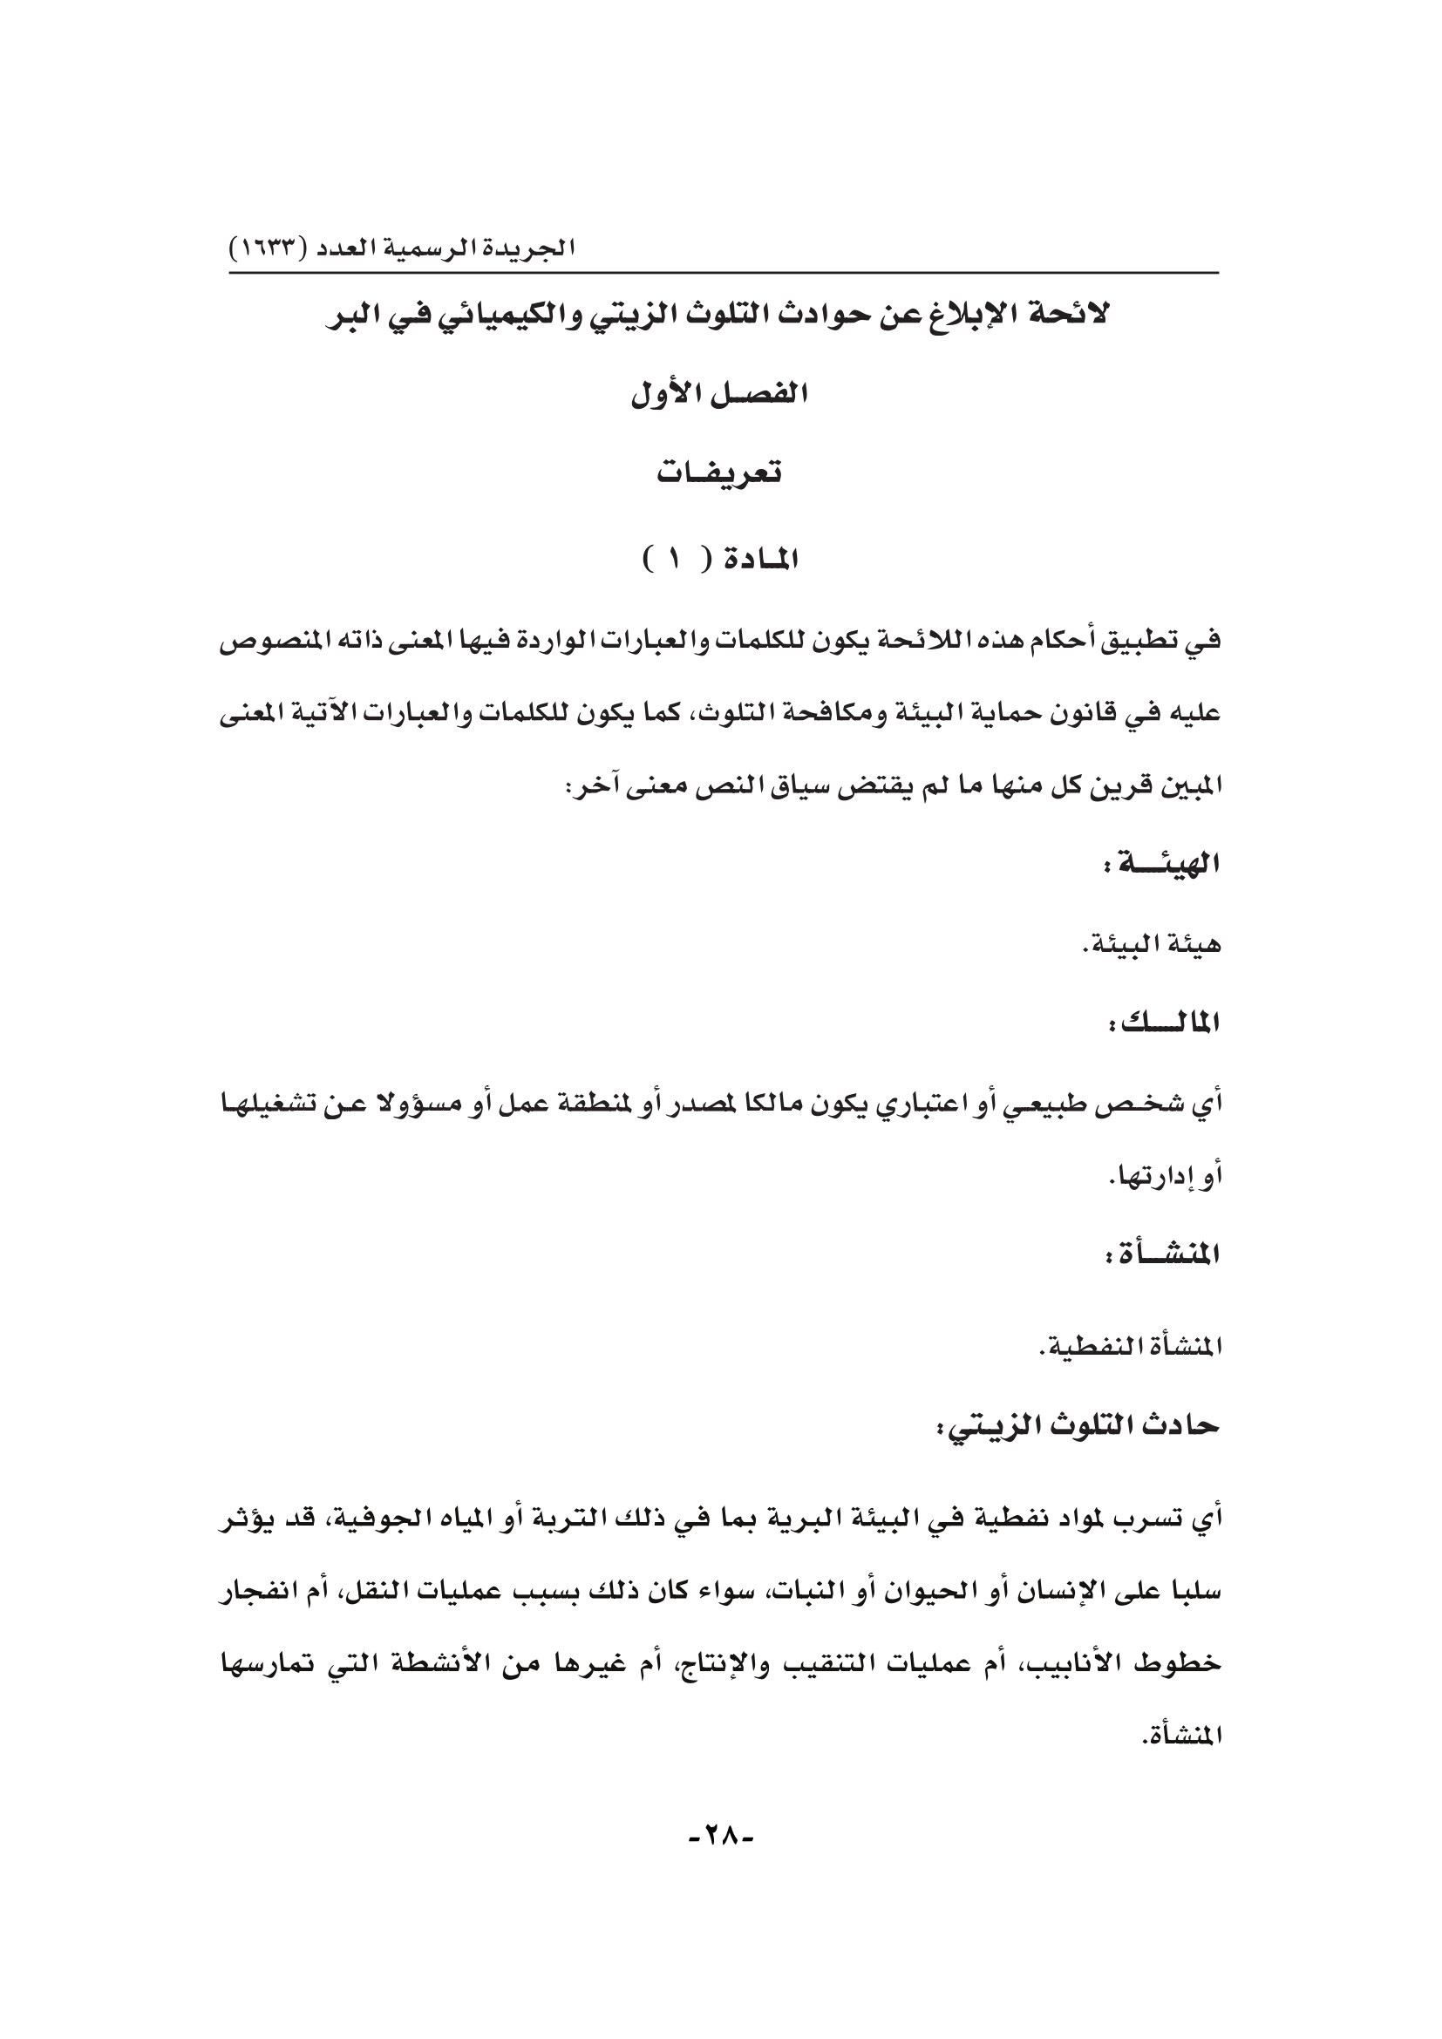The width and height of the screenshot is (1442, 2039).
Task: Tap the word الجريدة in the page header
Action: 533,248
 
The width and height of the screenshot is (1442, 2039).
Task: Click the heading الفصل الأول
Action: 720,395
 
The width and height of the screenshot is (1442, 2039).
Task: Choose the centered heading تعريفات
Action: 720,473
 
